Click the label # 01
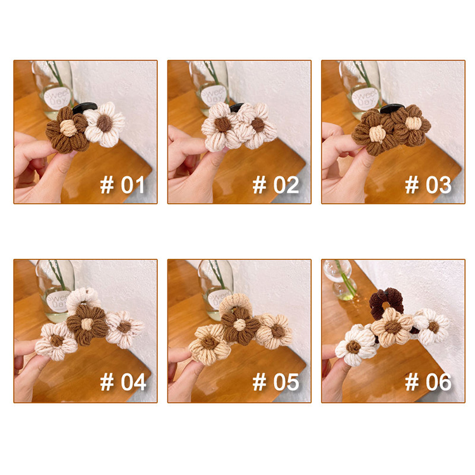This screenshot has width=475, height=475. (x=122, y=185)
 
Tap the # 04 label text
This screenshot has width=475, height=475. (x=123, y=382)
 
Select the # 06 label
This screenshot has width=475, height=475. (x=428, y=382)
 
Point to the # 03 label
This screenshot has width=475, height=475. (x=428, y=185)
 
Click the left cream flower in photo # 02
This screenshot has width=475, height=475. (x=222, y=126)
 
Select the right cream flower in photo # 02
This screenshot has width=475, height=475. (x=257, y=125)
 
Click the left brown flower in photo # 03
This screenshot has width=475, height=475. (x=374, y=132)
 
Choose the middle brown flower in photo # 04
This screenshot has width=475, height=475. (x=87, y=324)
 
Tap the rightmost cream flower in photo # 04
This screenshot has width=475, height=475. (x=124, y=328)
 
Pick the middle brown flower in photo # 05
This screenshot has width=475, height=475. (x=240, y=325)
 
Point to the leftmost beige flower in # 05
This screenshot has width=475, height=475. (x=209, y=343)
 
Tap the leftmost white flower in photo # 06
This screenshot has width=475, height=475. (x=354, y=346)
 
